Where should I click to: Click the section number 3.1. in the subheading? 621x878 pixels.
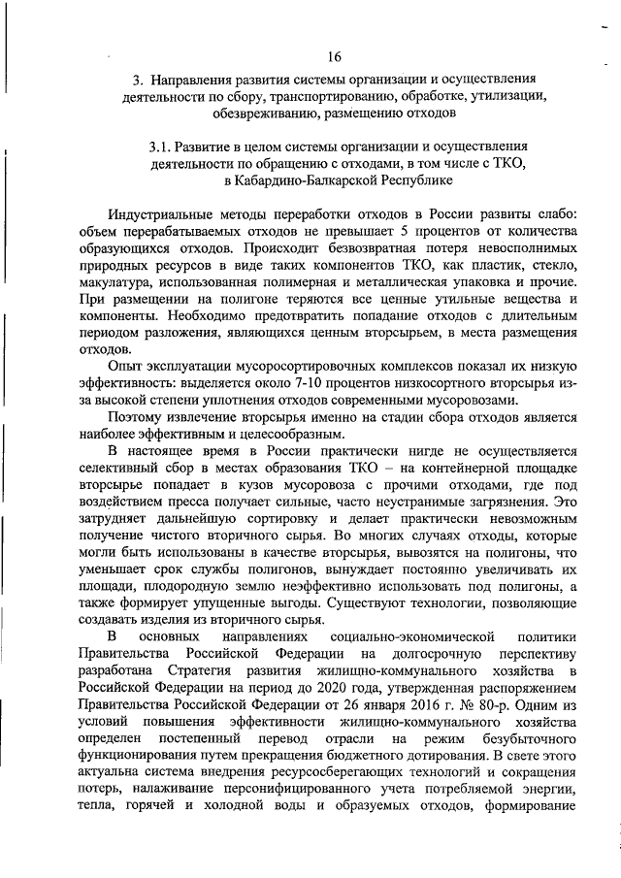[164, 146]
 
